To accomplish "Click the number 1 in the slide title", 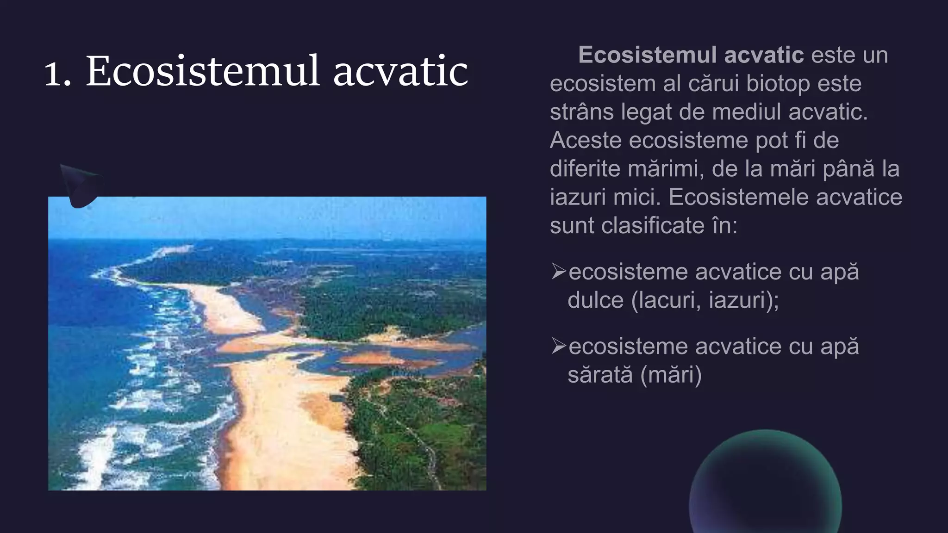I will [x=55, y=73].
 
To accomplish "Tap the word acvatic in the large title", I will [x=400, y=72].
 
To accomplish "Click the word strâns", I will [x=581, y=112].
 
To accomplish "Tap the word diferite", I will [x=584, y=169].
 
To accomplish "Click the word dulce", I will [x=595, y=300].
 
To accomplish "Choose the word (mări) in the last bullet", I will [x=672, y=375].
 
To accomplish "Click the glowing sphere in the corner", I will [x=765, y=483].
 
